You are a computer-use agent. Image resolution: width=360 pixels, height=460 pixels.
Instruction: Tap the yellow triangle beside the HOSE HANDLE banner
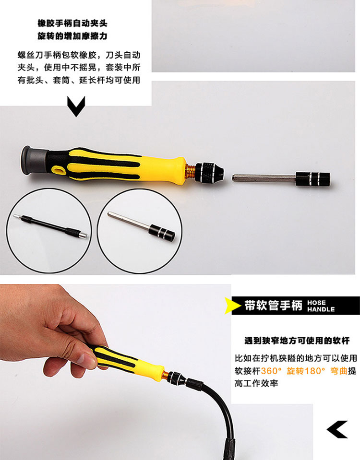pos(232,306)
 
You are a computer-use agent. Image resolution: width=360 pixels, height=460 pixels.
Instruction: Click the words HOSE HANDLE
pos(321,306)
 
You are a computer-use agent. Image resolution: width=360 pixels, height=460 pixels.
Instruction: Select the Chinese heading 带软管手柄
pos(274,306)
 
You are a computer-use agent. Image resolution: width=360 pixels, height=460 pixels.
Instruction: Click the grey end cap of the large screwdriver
pos(33,160)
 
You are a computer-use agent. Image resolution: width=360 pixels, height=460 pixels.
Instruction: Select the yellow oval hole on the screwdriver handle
pos(59,169)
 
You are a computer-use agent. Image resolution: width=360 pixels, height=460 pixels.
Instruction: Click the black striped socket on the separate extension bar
pos(313,179)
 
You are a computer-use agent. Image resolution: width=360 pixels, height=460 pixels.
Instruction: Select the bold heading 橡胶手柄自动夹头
pos(72,23)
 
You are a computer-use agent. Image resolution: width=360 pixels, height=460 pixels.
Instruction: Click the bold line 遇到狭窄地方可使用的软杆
pos(297,341)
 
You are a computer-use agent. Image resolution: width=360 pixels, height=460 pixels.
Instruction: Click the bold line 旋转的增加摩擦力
pos(72,36)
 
